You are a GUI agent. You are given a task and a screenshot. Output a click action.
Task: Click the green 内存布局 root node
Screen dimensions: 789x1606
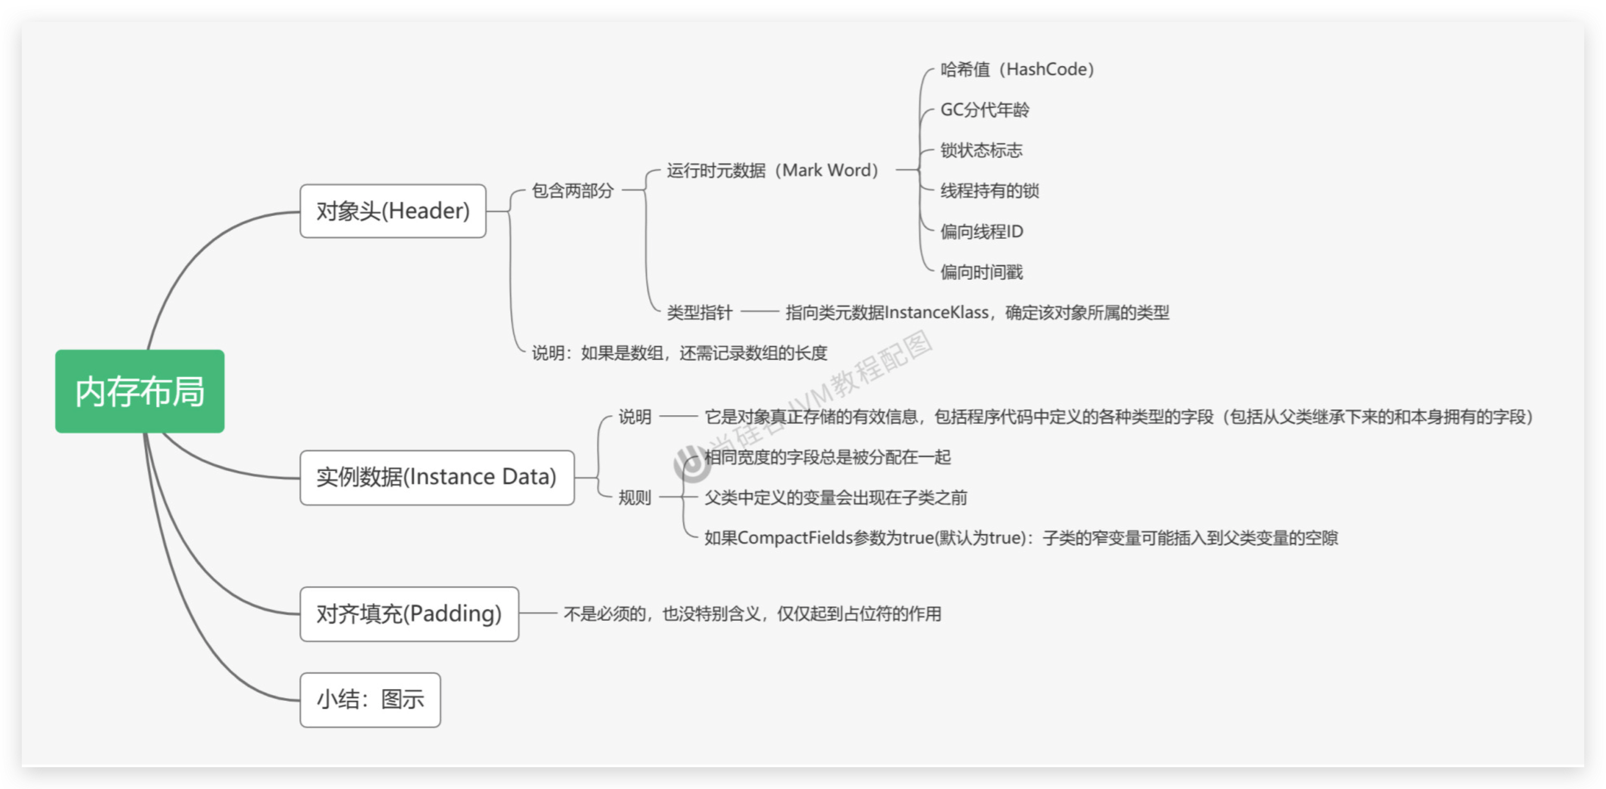(140, 391)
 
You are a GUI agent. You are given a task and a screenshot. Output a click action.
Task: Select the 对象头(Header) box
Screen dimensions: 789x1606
(393, 211)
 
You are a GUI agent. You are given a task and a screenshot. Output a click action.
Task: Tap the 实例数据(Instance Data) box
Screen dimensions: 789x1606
(436, 477)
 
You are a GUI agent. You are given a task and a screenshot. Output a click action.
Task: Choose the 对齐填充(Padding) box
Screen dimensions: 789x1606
(409, 614)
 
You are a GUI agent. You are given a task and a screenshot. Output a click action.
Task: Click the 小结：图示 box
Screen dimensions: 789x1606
(370, 699)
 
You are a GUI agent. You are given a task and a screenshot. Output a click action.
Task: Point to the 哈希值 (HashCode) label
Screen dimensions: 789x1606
(1017, 69)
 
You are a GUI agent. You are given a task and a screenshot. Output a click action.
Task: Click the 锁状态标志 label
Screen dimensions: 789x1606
(981, 150)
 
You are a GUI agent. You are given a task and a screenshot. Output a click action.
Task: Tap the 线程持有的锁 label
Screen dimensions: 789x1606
(990, 191)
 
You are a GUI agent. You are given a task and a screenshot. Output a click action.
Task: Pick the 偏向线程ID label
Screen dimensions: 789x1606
(981, 231)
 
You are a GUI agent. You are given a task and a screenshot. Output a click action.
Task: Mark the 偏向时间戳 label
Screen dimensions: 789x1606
(981, 272)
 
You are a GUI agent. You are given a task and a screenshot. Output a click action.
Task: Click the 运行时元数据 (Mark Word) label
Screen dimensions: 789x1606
(772, 170)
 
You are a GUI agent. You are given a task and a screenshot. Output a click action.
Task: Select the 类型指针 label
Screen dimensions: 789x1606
(700, 312)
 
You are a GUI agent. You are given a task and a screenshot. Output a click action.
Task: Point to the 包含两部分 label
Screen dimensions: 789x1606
(572, 191)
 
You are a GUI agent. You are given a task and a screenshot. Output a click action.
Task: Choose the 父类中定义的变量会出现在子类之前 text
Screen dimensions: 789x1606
(836, 498)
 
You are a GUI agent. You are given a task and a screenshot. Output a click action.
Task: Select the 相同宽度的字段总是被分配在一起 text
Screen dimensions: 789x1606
(827, 457)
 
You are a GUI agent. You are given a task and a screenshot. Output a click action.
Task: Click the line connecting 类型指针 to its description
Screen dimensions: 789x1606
(759, 312)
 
